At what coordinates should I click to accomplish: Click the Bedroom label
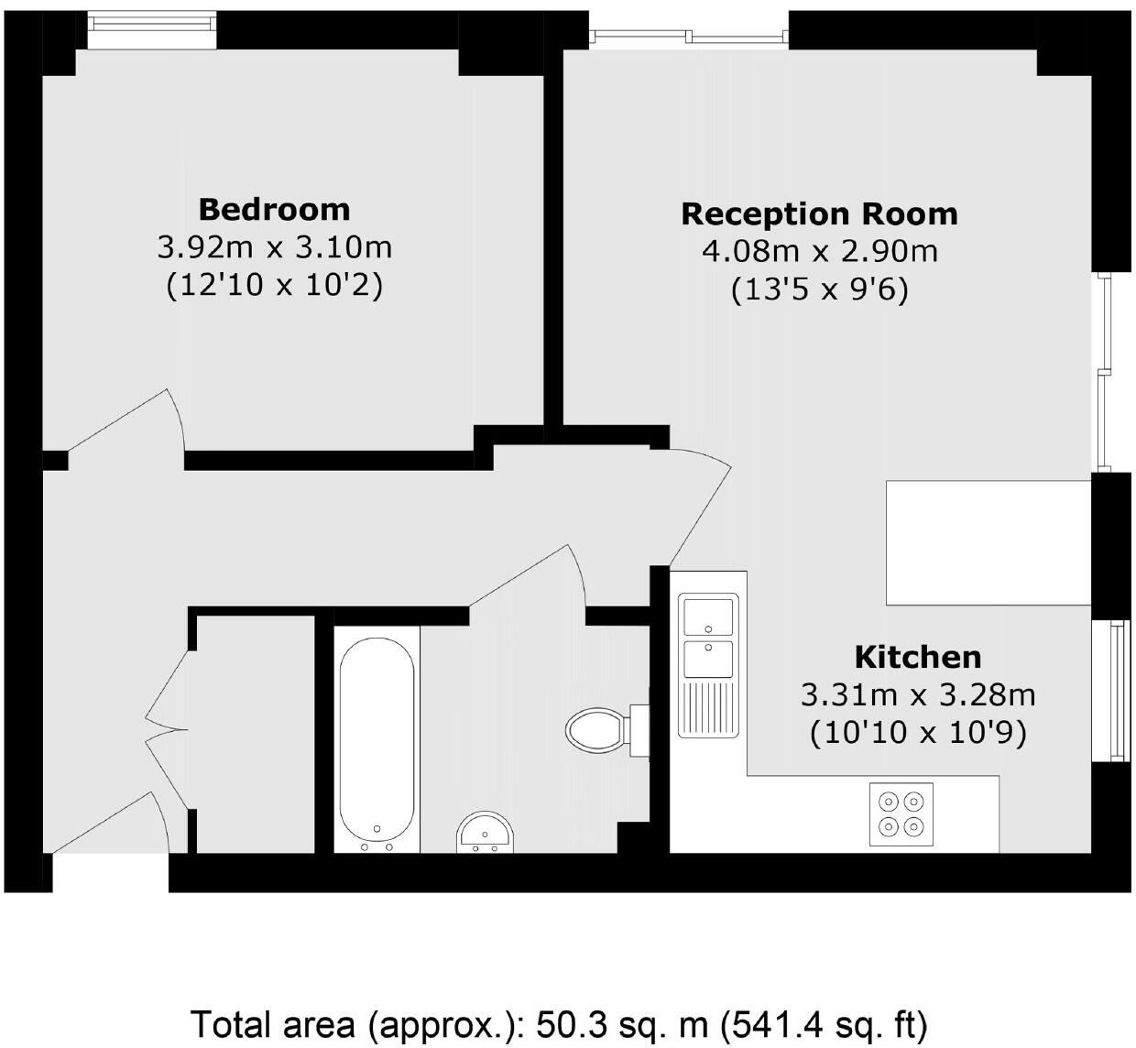[x=274, y=210]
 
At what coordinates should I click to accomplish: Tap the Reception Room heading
[x=819, y=214]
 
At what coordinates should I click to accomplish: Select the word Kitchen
[x=917, y=657]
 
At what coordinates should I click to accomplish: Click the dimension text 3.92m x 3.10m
[x=275, y=247]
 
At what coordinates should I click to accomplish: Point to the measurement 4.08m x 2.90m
[x=820, y=252]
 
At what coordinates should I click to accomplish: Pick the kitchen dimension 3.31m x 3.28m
[x=917, y=695]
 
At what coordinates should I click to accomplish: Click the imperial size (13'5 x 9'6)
[x=820, y=289]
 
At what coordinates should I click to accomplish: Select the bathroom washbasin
[x=485, y=832]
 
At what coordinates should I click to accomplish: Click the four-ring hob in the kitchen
[x=901, y=814]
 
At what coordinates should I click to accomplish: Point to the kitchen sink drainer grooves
[x=708, y=708]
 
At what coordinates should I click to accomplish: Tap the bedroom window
[x=151, y=31]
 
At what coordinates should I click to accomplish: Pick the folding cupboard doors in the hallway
[x=167, y=730]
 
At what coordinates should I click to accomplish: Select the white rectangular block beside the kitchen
[x=989, y=543]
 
